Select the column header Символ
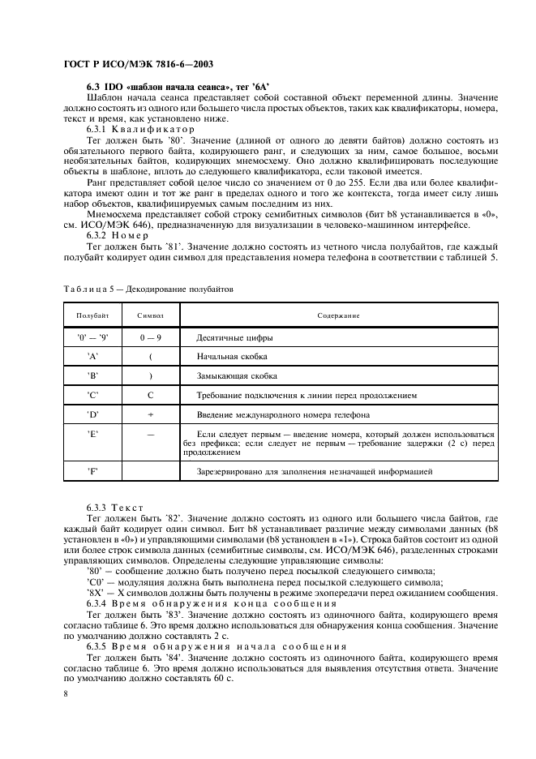coord(151,315)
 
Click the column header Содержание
coord(338,315)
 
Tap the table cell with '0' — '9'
coord(92,337)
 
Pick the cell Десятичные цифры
coord(234,337)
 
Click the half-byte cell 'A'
coord(92,356)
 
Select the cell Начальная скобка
coord(232,356)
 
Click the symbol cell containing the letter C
coord(151,395)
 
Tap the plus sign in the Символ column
coord(151,414)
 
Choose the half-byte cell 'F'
coord(92,470)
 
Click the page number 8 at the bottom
coord(64,694)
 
